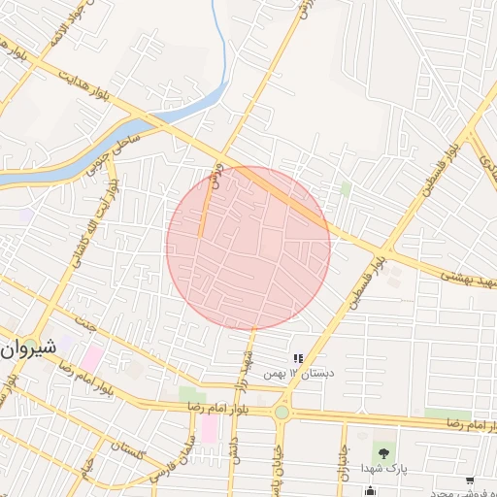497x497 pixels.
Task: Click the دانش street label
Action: [x=234, y=454]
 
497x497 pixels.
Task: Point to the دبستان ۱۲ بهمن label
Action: [x=305, y=374]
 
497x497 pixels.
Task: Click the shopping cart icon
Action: [x=470, y=480]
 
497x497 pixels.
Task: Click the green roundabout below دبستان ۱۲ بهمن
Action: [x=282, y=414]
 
